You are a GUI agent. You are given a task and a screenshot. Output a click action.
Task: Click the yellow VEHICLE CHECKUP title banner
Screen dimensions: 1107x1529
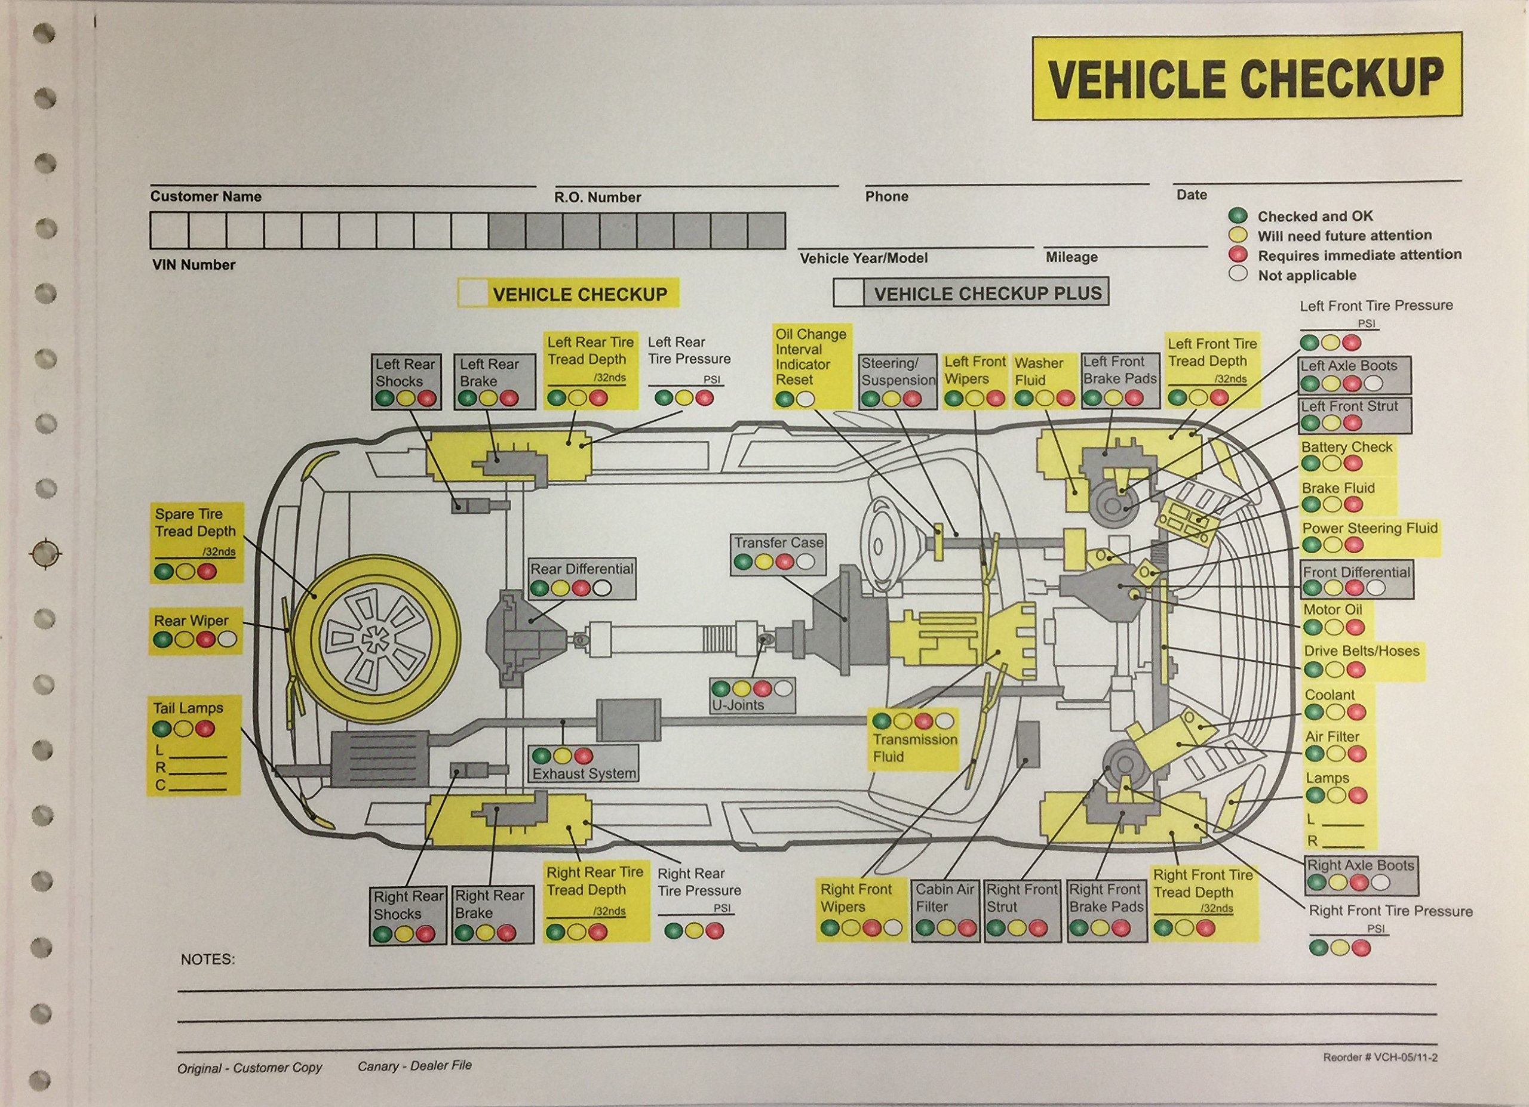tap(1246, 76)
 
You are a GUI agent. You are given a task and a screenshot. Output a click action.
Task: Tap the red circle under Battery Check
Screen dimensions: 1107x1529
tap(1352, 464)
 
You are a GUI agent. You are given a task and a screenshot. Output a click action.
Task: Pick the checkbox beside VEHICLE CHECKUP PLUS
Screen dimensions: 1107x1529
tap(849, 293)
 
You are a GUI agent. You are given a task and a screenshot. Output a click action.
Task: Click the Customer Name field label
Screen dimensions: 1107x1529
tap(205, 197)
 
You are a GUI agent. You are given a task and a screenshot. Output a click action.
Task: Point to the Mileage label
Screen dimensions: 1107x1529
tap(1071, 257)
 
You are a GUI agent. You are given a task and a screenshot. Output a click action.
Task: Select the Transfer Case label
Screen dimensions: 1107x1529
tap(779, 542)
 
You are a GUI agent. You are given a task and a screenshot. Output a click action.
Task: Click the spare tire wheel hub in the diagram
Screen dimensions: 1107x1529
tap(371, 638)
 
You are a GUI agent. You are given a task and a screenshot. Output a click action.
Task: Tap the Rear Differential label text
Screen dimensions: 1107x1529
tap(582, 569)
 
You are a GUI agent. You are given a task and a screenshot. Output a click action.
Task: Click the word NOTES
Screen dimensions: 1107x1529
tap(208, 960)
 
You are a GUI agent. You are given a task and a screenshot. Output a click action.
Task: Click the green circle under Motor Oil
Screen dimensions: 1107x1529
tap(1313, 627)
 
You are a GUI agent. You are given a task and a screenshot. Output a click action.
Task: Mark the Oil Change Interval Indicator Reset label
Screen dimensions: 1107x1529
tap(810, 356)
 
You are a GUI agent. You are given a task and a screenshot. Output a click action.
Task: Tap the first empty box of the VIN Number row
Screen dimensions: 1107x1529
tap(168, 230)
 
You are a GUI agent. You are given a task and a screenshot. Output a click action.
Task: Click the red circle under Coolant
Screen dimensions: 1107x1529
tap(1356, 712)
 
